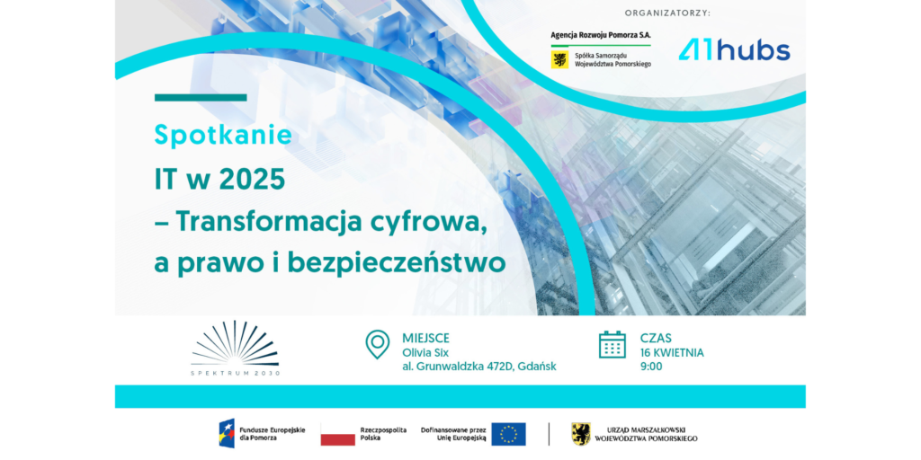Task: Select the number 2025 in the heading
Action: pyautogui.click(x=252, y=180)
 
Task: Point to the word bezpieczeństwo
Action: pyautogui.click(x=397, y=263)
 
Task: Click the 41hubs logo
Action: pyautogui.click(x=734, y=50)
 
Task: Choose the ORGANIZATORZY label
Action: pyautogui.click(x=667, y=13)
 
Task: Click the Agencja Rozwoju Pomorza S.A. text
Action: pyautogui.click(x=601, y=35)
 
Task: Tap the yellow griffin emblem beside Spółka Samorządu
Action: pyautogui.click(x=559, y=60)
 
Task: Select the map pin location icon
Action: pyautogui.click(x=377, y=344)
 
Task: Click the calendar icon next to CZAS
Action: pyautogui.click(x=612, y=344)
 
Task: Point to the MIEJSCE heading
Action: pyautogui.click(x=425, y=338)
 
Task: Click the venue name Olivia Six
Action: pyautogui.click(x=425, y=352)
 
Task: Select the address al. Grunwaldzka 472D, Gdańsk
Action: pyautogui.click(x=479, y=367)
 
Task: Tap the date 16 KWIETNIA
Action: pyautogui.click(x=672, y=352)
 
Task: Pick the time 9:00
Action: pyautogui.click(x=651, y=367)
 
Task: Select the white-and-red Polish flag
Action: pyautogui.click(x=338, y=434)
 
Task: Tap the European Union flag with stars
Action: pyautogui.click(x=509, y=434)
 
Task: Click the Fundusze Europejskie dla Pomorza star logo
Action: pyautogui.click(x=227, y=434)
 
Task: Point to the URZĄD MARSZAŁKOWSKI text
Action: pyautogui.click(x=646, y=430)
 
